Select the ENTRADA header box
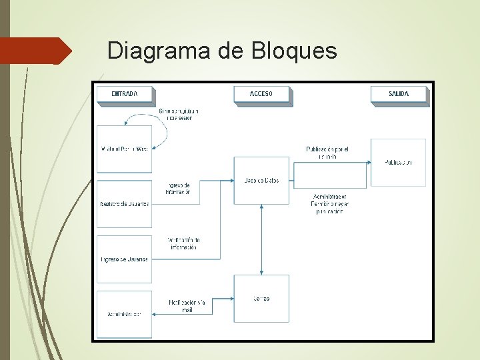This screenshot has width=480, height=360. [125, 95]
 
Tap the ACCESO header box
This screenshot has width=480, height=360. [261, 95]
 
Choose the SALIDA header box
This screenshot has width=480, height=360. [399, 95]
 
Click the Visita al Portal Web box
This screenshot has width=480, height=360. [124, 149]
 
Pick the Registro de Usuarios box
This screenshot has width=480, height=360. [124, 203]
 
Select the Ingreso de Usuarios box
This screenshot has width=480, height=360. [124, 259]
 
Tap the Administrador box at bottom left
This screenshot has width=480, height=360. [124, 314]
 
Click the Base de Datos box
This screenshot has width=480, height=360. [261, 180]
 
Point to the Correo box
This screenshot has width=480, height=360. [261, 298]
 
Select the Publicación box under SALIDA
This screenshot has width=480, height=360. [398, 162]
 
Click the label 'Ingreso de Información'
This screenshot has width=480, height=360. [179, 188]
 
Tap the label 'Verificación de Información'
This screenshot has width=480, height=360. [182, 243]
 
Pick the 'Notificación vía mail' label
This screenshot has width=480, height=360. [187, 305]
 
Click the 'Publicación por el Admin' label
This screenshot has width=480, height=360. [327, 153]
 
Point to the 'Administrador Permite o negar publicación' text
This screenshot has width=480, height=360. [329, 204]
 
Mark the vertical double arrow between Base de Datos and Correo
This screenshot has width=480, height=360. [261, 239]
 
